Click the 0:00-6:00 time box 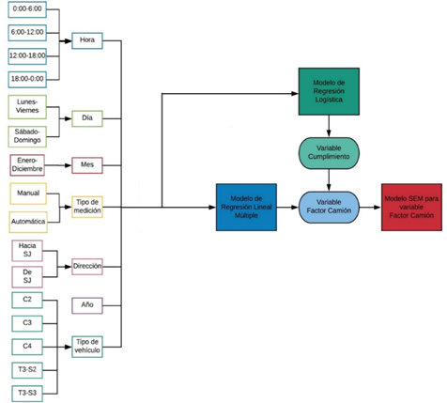coord(27,9)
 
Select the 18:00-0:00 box coord(27,79)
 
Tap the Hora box coord(87,40)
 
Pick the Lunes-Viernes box coord(27,107)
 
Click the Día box coord(87,118)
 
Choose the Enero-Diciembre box coord(27,165)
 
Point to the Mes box coord(87,165)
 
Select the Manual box coord(28,194)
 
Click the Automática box coord(28,222)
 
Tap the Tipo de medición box coord(87,207)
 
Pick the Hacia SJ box coord(27,251)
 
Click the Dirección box coord(87,267)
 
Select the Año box coord(87,305)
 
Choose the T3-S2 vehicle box coord(27,370)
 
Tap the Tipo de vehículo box coord(87,347)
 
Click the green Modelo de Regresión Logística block coord(329,91)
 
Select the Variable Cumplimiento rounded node coord(329,153)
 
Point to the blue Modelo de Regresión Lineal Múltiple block coord(246,208)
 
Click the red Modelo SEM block coord(411,208)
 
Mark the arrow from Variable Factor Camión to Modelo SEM coord(370,208)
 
